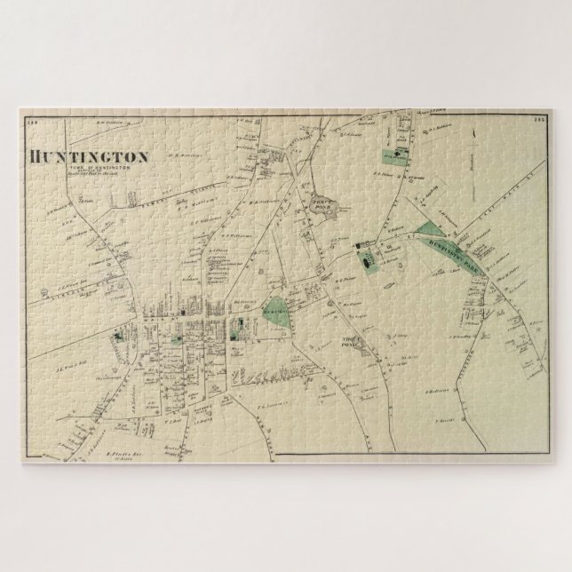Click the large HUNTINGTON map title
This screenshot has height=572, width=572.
[x=88, y=155]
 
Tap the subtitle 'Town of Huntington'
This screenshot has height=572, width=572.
[x=105, y=167]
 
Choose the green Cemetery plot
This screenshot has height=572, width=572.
[x=277, y=310]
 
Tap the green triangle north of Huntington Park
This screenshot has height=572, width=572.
[x=427, y=214]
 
